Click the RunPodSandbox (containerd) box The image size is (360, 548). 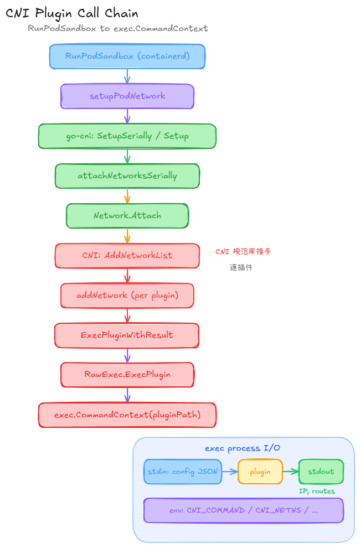127,56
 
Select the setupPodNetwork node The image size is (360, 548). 127,96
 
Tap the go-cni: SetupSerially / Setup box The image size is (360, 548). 127,136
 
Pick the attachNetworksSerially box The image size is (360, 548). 127,176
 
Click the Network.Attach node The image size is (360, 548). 127,216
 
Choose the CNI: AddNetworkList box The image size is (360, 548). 127,256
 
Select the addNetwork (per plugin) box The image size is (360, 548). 127,296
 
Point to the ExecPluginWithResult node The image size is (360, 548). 127,335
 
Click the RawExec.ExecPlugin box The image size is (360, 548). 127,375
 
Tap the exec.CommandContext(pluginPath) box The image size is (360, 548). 127,415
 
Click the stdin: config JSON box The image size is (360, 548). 183,472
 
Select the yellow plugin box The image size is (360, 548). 260,472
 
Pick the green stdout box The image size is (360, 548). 321,472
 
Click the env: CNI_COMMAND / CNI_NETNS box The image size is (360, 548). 244,510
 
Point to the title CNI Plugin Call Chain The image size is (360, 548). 72,13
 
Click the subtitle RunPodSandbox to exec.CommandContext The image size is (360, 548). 118,28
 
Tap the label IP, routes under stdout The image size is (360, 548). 317,491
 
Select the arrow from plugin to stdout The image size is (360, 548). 290,472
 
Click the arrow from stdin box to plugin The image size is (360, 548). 230,472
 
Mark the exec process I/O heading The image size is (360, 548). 243,448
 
